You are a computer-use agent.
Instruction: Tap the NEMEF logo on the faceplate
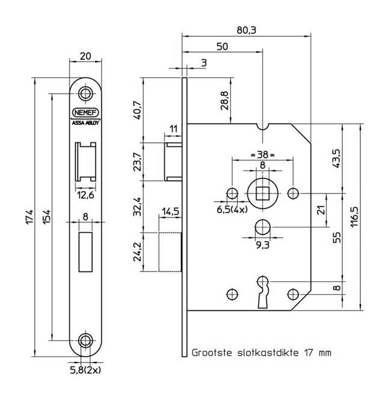pyautogui.click(x=85, y=112)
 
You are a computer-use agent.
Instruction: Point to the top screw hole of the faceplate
pyautogui.click(x=86, y=93)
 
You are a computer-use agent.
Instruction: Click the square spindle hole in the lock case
pyautogui.click(x=262, y=193)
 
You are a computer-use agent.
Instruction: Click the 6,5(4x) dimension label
pyautogui.click(x=232, y=210)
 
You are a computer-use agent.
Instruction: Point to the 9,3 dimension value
pyautogui.click(x=262, y=245)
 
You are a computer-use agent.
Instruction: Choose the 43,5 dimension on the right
pyautogui.click(x=336, y=158)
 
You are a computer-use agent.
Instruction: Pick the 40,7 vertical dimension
pyautogui.click(x=137, y=109)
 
